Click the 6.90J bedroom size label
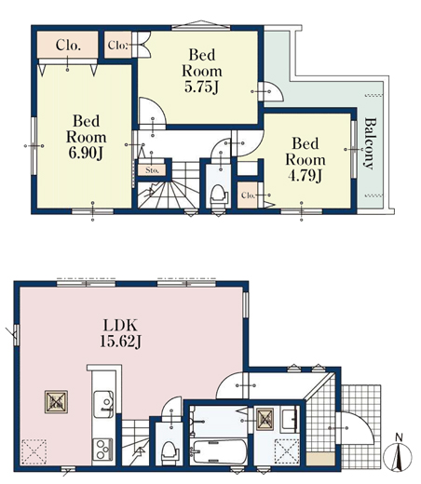(x=86, y=153)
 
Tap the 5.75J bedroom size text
(x=202, y=87)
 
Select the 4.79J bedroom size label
(x=306, y=176)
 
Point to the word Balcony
(x=370, y=143)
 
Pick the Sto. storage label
(x=152, y=170)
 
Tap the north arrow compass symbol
(x=398, y=456)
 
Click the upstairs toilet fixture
(x=218, y=195)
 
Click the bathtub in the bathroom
(x=219, y=451)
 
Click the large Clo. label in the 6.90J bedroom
(x=68, y=46)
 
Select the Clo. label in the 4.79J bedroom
(x=248, y=195)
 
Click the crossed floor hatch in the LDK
(x=56, y=401)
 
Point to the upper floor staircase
(x=169, y=185)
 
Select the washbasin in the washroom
(x=290, y=419)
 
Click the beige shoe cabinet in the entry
(x=320, y=459)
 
